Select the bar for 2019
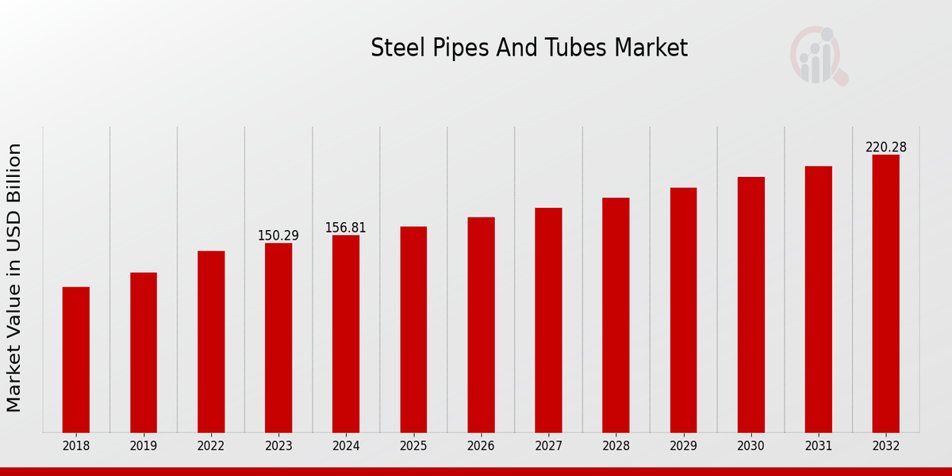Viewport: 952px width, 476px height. [x=144, y=352]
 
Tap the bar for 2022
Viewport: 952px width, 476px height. [x=211, y=341]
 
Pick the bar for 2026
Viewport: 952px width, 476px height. [x=481, y=324]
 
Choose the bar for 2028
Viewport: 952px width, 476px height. [x=616, y=315]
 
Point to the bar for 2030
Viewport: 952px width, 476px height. [x=750, y=305]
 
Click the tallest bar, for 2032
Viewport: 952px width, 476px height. [x=885, y=294]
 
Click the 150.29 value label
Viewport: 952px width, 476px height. [x=278, y=236]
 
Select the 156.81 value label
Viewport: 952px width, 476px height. [x=346, y=228]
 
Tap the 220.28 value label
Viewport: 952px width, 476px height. [x=885, y=148]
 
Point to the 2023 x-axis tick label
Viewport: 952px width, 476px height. [x=278, y=446]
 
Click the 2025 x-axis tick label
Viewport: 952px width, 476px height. [x=413, y=446]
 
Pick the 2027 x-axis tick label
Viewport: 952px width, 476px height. [x=548, y=446]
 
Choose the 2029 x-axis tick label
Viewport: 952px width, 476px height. [x=683, y=446]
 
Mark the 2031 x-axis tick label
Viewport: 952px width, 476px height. [x=818, y=446]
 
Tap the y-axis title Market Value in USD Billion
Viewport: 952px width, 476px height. [x=14, y=278]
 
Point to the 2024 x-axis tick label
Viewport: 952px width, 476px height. [x=346, y=446]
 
